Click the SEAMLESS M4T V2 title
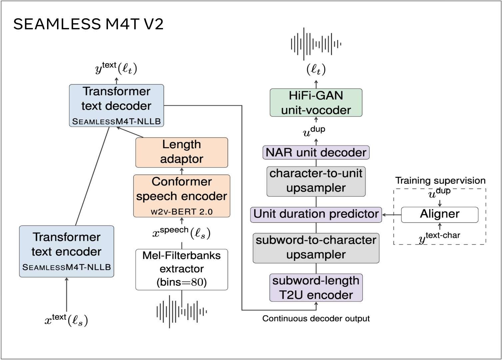(88, 24)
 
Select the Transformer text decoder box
(116, 105)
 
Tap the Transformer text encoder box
(66, 251)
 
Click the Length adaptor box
(182, 152)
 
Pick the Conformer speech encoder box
(182, 195)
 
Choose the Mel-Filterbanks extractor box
(182, 269)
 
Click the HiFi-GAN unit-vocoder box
(316, 103)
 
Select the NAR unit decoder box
(316, 153)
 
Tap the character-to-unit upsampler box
(316, 181)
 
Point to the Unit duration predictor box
(316, 214)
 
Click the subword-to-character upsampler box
(316, 248)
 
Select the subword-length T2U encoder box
(316, 288)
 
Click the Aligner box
(439, 214)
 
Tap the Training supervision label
(440, 180)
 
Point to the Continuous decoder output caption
(316, 319)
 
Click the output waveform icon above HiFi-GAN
(316, 44)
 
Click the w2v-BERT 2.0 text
(182, 212)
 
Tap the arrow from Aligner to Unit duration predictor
(391, 215)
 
